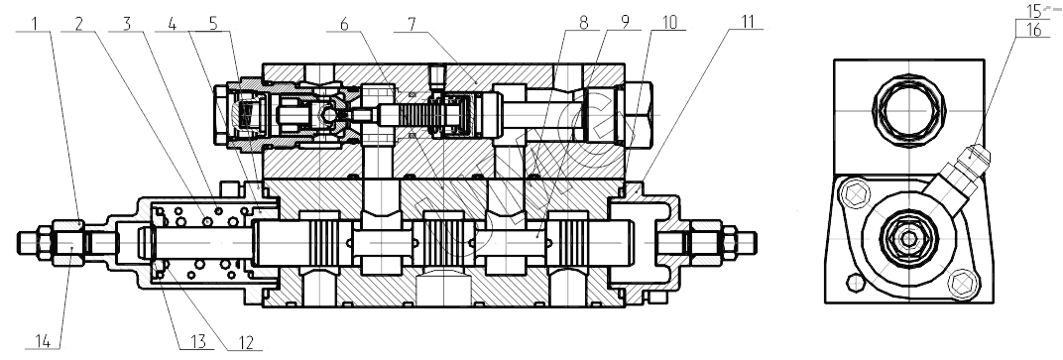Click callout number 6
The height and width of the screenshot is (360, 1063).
(x=344, y=23)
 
